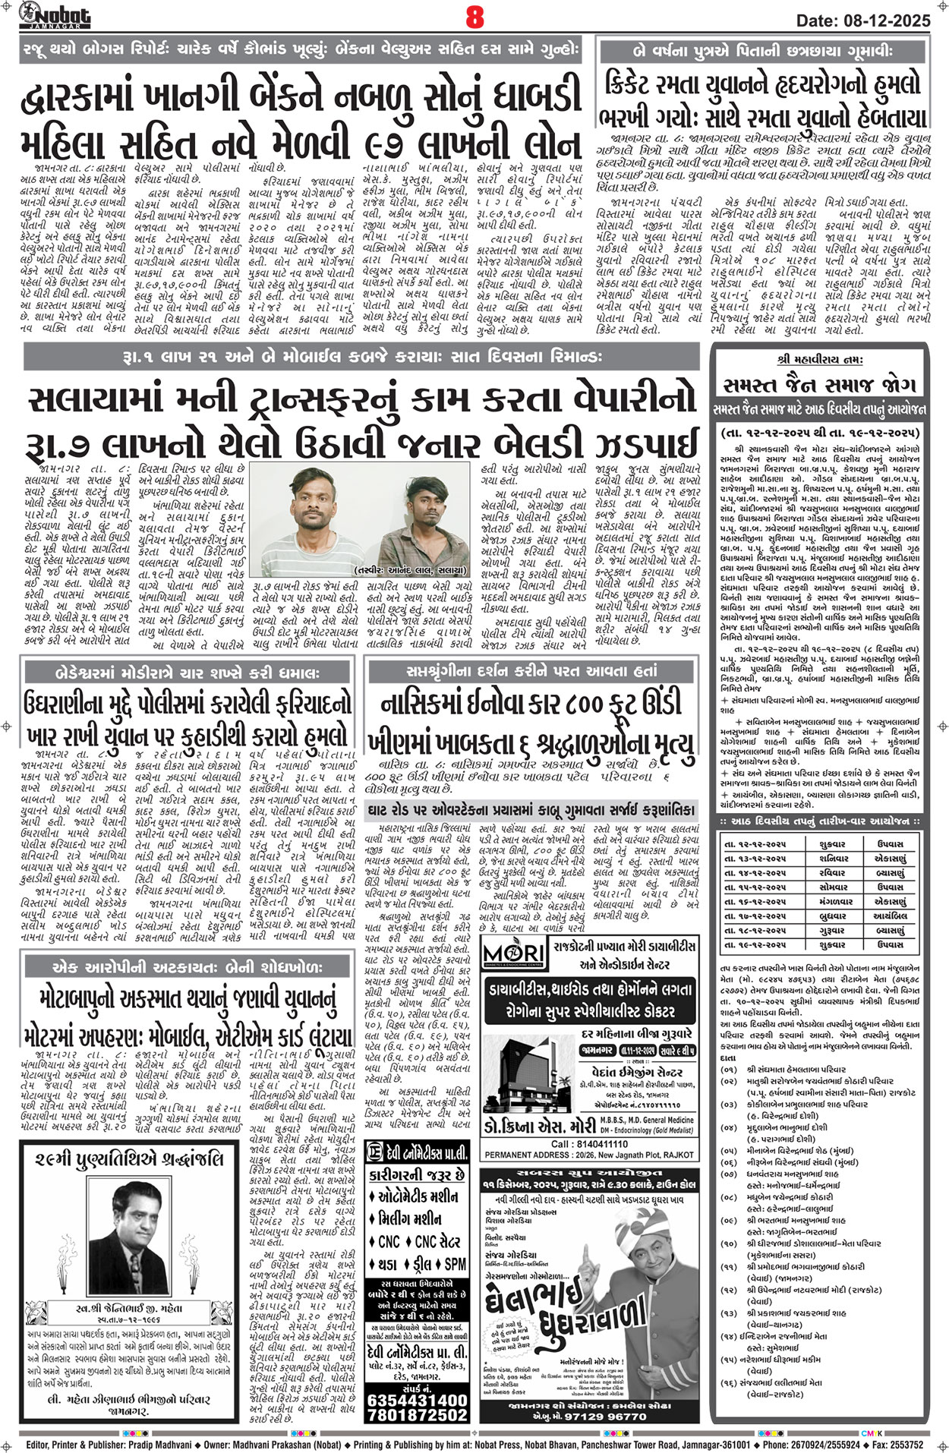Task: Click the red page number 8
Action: (474, 17)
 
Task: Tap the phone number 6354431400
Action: (417, 1398)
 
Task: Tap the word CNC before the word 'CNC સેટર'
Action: (388, 1242)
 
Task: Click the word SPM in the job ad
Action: (456, 1264)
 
